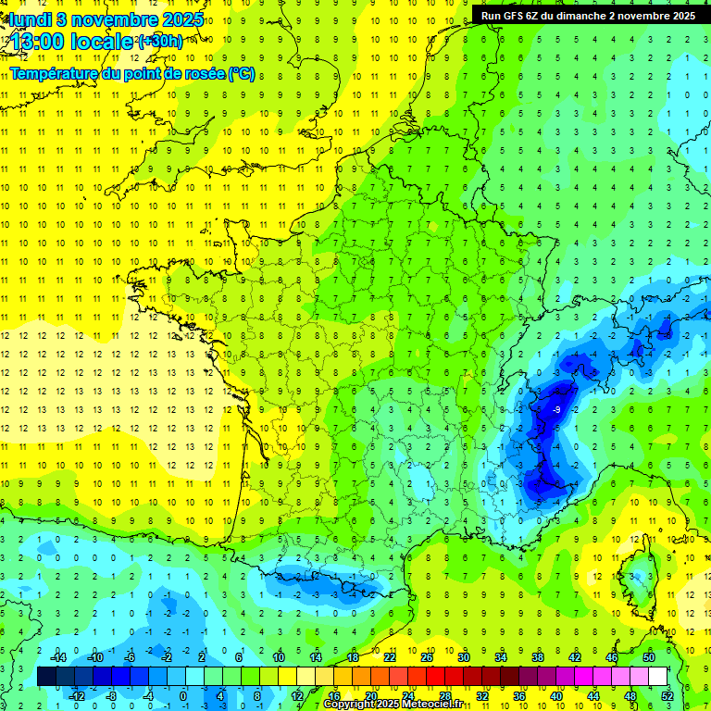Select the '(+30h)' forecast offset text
(160, 42)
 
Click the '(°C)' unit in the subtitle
(241, 73)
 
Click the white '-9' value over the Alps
(556, 409)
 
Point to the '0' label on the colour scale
(182, 695)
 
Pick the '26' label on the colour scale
(427, 656)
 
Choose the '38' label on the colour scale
(537, 656)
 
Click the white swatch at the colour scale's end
(657, 676)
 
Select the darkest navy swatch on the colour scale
(46, 676)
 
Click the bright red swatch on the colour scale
(435, 676)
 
